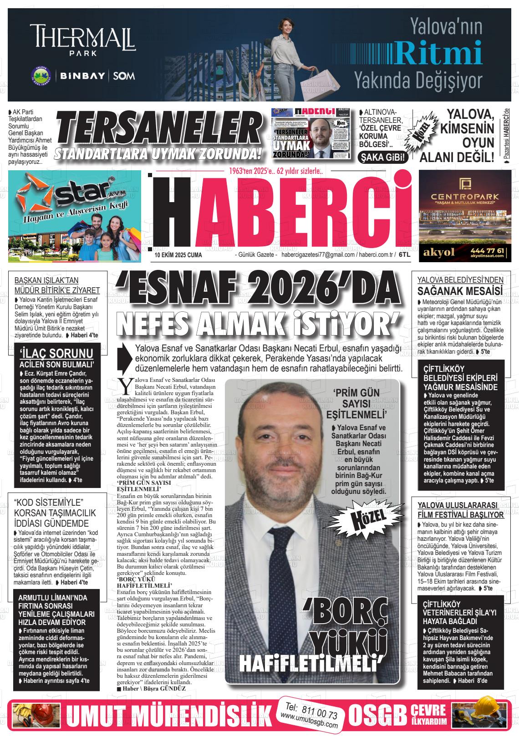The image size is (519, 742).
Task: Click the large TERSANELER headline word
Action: coord(155,131)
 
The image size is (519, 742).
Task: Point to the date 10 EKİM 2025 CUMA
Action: coord(178,255)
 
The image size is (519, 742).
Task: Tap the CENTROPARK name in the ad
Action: coord(462,196)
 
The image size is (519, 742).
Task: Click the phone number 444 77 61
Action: coord(487,251)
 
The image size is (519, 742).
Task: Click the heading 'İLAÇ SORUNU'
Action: coord(57,354)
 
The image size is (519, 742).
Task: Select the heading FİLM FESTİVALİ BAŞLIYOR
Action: coord(461,515)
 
